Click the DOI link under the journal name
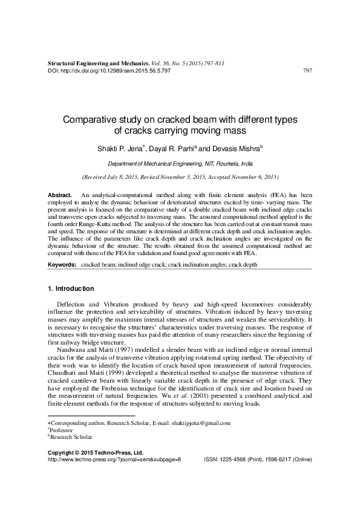pyautogui.click(x=108, y=71)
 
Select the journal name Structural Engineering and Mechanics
pyautogui.click(x=97, y=63)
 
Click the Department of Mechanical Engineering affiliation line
pyautogui.click(x=180, y=163)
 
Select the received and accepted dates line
pyautogui.click(x=180, y=178)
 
